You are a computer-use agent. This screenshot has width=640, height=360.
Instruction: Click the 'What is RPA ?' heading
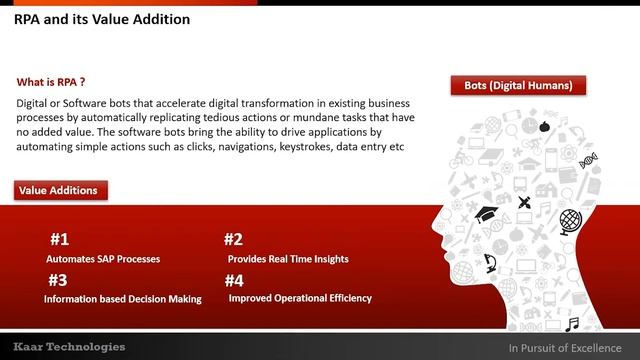pyautogui.click(x=58, y=82)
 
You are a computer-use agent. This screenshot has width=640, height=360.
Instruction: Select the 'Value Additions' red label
pyautogui.click(x=61, y=189)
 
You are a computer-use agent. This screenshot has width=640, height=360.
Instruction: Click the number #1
pyautogui.click(x=59, y=240)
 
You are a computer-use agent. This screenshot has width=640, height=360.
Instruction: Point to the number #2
pyautogui.click(x=233, y=240)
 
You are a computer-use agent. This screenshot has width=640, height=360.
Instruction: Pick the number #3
pyautogui.click(x=57, y=280)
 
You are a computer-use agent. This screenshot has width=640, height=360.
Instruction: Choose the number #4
pyautogui.click(x=233, y=280)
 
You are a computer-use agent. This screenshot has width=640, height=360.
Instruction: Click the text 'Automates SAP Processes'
pyautogui.click(x=103, y=259)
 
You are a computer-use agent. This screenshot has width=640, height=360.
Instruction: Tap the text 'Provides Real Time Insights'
pyautogui.click(x=288, y=259)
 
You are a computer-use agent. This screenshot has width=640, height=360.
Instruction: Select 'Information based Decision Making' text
pyautogui.click(x=123, y=298)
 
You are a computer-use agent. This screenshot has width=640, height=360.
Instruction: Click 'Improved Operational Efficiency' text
pyautogui.click(x=300, y=298)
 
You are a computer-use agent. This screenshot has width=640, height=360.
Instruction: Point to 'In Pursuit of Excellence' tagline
pyautogui.click(x=565, y=347)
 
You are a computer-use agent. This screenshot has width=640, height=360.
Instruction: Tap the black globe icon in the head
pyautogui.click(x=571, y=220)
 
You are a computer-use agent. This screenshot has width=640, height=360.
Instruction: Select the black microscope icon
pyautogui.click(x=491, y=264)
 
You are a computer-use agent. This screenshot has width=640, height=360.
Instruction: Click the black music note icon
pyautogui.click(x=572, y=323)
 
